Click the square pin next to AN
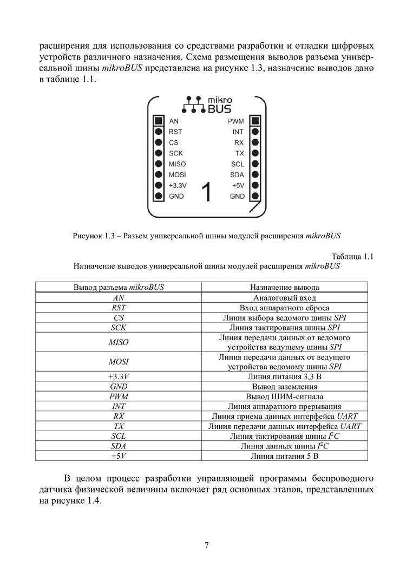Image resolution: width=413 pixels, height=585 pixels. [159, 121]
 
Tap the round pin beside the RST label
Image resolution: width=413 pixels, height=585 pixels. [159, 132]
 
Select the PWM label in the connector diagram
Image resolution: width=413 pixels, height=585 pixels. [236, 121]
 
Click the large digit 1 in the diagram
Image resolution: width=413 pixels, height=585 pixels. [206, 192]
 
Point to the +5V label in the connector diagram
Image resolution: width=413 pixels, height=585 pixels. [238, 185]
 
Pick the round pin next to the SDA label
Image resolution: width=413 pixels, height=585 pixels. [255, 174]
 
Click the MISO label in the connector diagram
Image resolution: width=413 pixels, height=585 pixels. [177, 164]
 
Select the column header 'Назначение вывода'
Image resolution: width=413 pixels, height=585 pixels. [284, 287]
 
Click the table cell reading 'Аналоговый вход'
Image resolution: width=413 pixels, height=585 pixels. [284, 297]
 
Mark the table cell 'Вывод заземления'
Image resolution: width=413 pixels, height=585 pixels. [284, 386]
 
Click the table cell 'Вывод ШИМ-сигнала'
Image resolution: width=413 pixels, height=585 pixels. [284, 396]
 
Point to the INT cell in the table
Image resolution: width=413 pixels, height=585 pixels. [119, 406]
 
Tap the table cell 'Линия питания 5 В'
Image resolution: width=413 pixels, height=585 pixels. [284, 456]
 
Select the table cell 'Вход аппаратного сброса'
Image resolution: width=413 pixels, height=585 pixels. [284, 308]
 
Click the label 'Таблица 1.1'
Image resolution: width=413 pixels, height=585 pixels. [352, 256]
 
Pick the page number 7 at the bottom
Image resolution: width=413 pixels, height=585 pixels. [206, 545]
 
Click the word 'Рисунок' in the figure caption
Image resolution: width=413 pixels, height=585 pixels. [87, 236]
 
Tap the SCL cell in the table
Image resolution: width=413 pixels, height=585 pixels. [119, 436]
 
